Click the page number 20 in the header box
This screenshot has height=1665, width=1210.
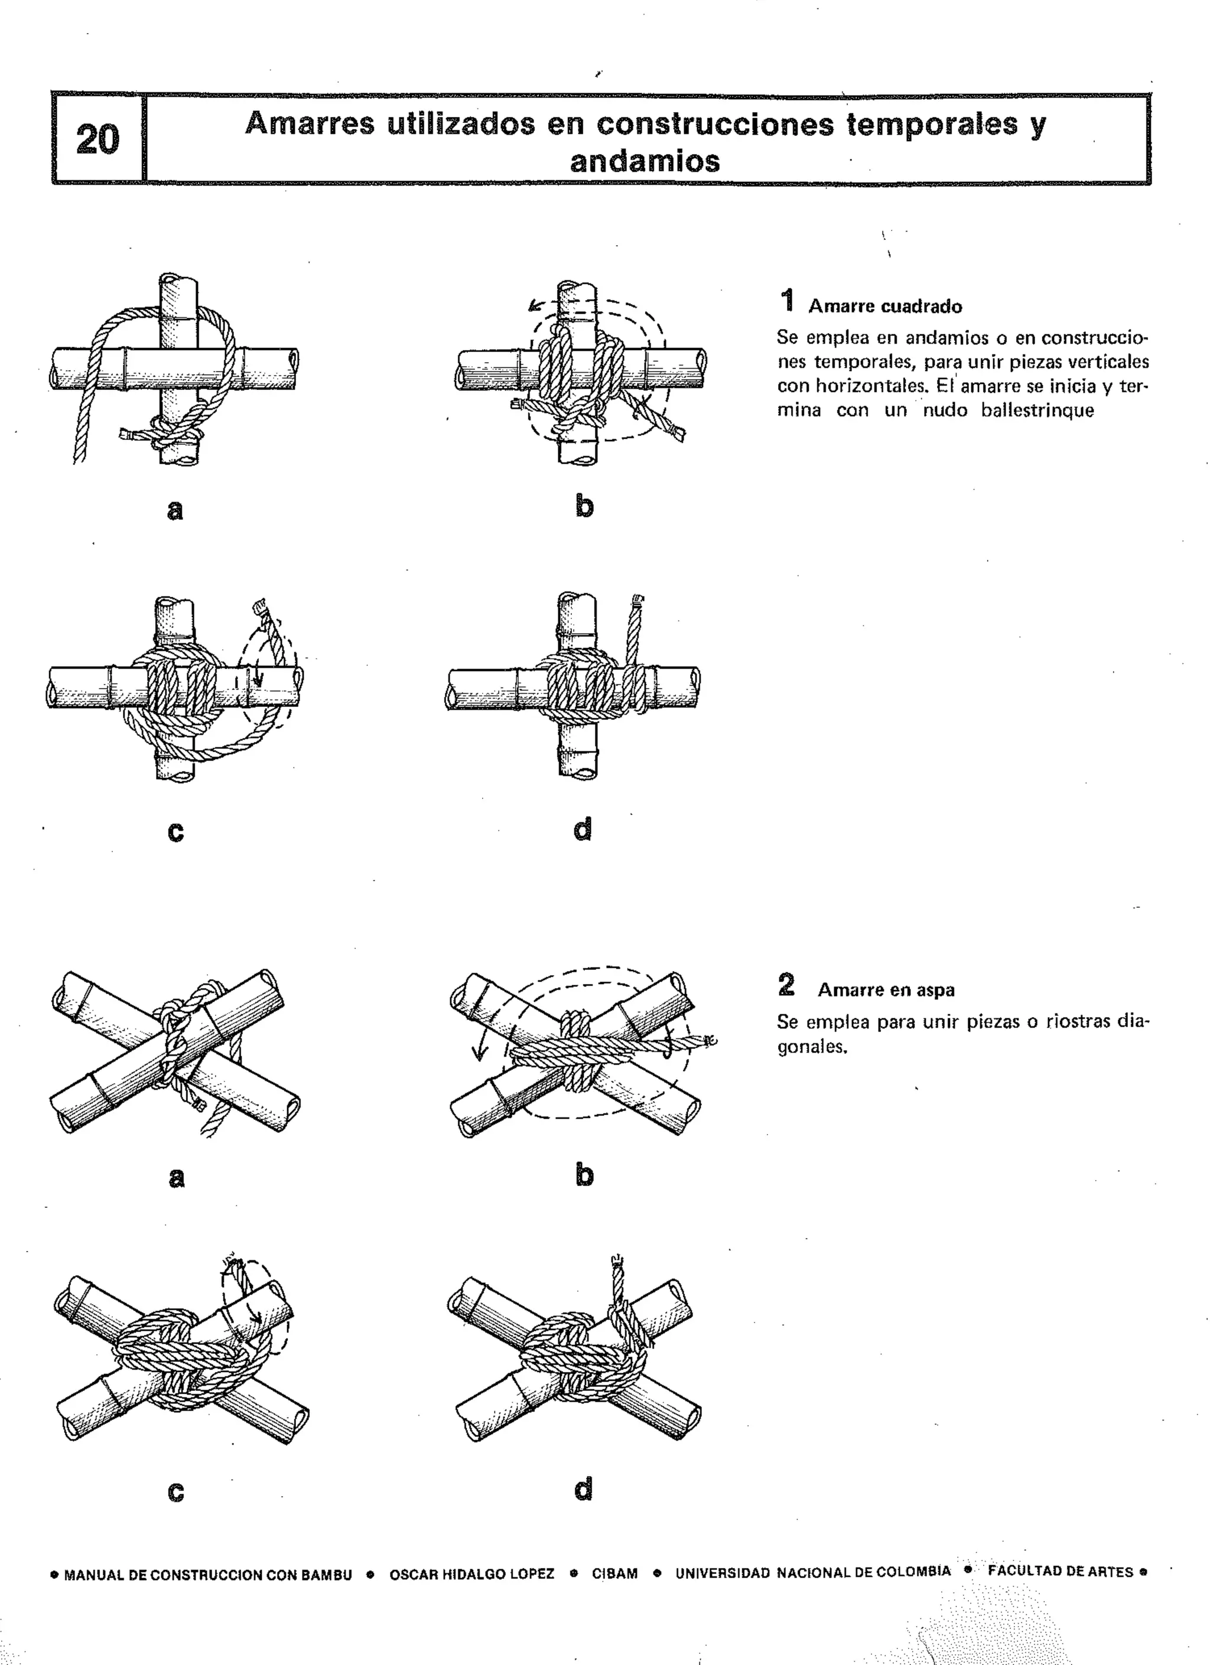tap(97, 139)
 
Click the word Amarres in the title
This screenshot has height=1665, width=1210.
tap(310, 123)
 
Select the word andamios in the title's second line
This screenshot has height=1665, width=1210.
tap(645, 161)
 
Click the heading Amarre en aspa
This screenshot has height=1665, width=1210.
tap(886, 990)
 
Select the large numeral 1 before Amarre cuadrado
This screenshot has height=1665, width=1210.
tap(787, 301)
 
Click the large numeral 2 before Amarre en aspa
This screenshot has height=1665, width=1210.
tap(786, 985)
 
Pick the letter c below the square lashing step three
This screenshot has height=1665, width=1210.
tap(175, 831)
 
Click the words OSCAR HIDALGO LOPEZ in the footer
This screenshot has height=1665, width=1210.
tap(471, 1575)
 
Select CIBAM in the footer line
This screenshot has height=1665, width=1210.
tap(614, 1574)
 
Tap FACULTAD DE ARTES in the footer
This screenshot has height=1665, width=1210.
tap(1060, 1571)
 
